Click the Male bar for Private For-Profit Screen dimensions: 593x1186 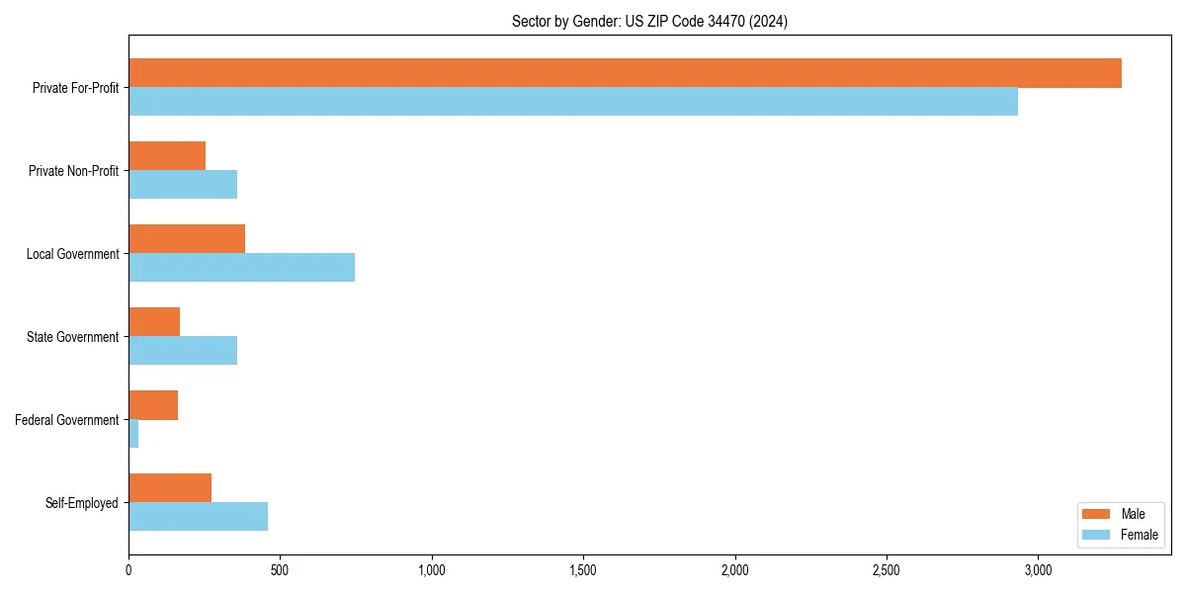[x=625, y=73]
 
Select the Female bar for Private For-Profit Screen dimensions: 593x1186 [x=573, y=102]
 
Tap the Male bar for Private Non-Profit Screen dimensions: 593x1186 [x=167, y=156]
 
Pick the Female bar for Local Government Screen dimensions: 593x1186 [x=241, y=268]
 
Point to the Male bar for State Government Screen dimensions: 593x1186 [x=154, y=322]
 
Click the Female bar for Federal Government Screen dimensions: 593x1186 [x=133, y=434]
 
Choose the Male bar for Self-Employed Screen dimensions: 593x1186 [x=170, y=488]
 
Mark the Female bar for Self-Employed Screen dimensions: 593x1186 [x=198, y=517]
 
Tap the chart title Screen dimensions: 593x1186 [x=649, y=21]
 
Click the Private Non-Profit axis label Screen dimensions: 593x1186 [x=73, y=171]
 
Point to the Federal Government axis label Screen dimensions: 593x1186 [x=67, y=420]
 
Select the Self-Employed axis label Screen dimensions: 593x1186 [x=81, y=503]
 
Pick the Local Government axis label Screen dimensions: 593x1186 [x=72, y=254]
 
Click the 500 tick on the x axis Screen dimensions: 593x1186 [x=280, y=570]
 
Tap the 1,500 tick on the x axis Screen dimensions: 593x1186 [x=583, y=570]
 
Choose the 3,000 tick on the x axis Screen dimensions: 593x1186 [x=1038, y=570]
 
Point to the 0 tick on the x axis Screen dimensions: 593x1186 [x=128, y=570]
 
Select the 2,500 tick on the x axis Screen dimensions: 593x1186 [x=887, y=570]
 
